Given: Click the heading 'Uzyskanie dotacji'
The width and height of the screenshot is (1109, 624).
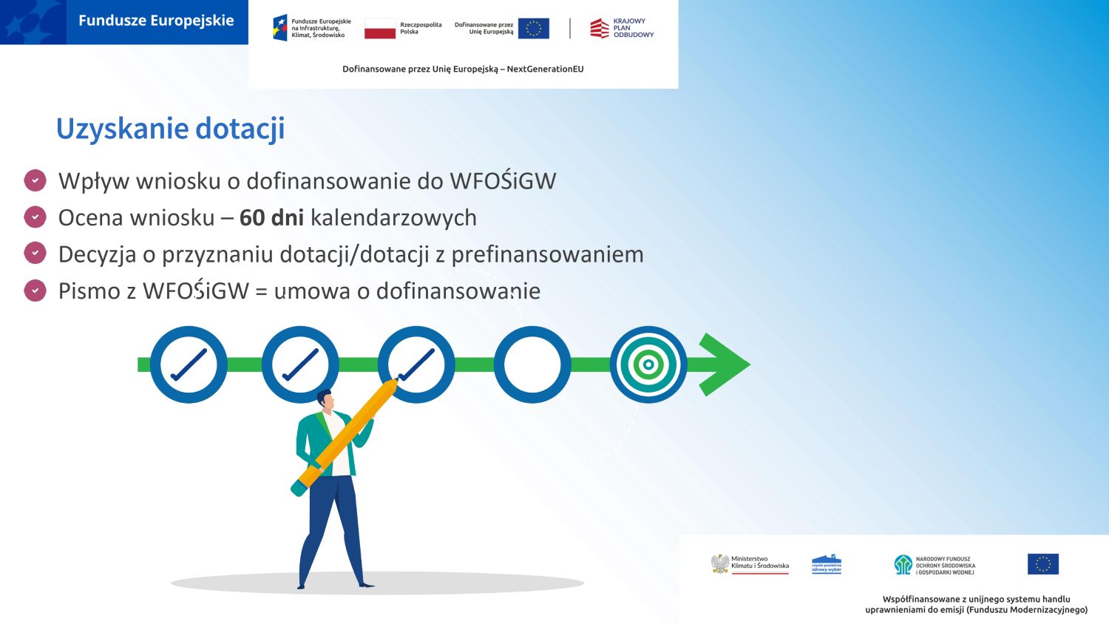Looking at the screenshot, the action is coord(171,129).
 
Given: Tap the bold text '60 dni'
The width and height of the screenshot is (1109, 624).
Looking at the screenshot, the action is coord(272,218).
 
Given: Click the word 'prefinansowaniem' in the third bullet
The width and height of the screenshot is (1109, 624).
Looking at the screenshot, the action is coord(548,254).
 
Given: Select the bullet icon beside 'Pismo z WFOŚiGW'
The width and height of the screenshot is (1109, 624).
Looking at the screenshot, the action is coord(35,291).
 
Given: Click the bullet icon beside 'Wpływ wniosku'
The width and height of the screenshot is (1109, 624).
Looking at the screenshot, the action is coord(35,180).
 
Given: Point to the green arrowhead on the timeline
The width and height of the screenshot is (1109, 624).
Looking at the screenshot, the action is coord(724,364).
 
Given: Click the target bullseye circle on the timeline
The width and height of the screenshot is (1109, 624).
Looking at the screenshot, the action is coord(648,364).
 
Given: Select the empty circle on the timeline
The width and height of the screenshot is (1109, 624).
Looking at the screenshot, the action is coord(532,364).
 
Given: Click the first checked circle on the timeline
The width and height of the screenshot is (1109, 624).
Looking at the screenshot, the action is coord(189,364).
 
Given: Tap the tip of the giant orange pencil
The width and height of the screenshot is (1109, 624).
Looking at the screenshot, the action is coord(396,380).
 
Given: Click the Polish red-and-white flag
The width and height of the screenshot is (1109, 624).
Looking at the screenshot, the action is coord(380,28).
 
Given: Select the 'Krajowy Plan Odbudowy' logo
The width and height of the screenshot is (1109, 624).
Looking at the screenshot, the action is coord(622,28).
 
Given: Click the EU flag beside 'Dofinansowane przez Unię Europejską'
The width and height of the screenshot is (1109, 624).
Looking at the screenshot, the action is coord(534,28).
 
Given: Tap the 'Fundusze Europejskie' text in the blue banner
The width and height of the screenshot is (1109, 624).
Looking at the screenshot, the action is coord(156,21).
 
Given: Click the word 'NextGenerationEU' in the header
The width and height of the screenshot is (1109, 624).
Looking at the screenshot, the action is coord(545,69).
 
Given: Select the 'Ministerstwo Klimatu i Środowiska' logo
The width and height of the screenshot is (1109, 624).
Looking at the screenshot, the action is coord(750,564).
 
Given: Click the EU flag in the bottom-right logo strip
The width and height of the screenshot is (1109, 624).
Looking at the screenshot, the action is coord(1042,564).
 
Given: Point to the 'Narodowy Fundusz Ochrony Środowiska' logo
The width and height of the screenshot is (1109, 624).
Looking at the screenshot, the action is coord(935,565).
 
